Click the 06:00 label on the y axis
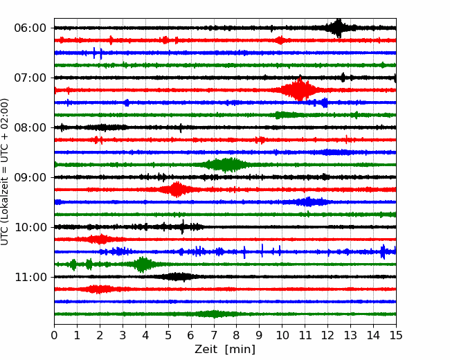pyautogui.click(x=30, y=28)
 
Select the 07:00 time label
pyautogui.click(x=30, y=78)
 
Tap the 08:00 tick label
pyautogui.click(x=30, y=127)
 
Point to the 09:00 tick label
pyautogui.click(x=30, y=177)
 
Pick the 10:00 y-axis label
pyautogui.click(x=30, y=227)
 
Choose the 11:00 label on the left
pyautogui.click(x=30, y=277)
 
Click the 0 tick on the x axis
pyautogui.click(x=54, y=335)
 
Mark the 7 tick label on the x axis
pyautogui.click(x=214, y=335)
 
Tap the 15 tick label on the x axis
pyautogui.click(x=396, y=335)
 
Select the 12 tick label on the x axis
pyautogui.click(x=327, y=335)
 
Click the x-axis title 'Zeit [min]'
pyautogui.click(x=225, y=350)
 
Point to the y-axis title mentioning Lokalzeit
pyautogui.click(x=4, y=172)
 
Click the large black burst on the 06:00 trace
pyautogui.click(x=339, y=28)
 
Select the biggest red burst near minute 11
pyautogui.click(x=300, y=90)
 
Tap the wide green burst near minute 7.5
pyautogui.click(x=226, y=165)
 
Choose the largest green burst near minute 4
pyautogui.click(x=143, y=264)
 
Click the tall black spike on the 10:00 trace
pyautogui.click(x=183, y=227)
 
